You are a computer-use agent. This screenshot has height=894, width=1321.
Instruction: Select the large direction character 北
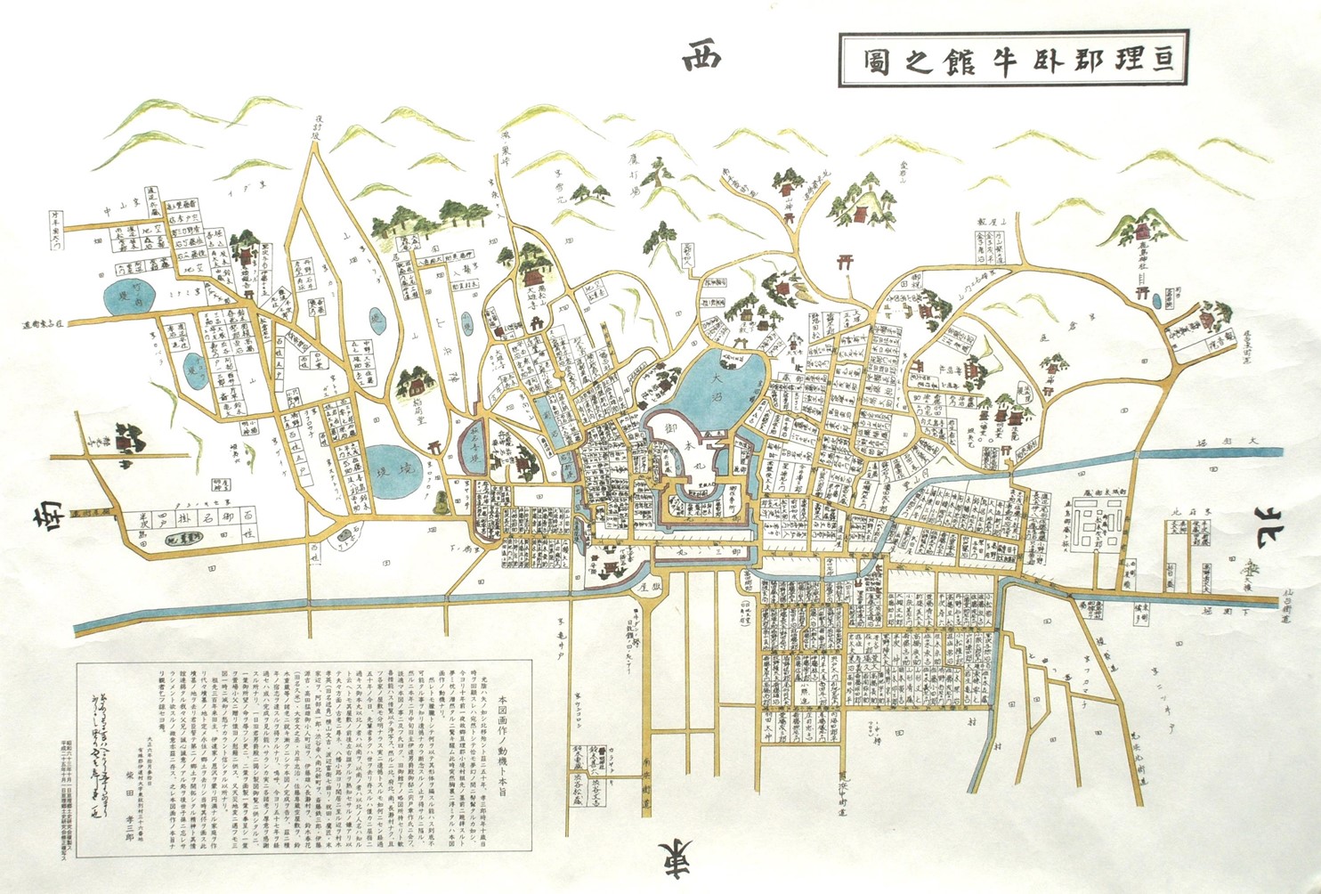click(x=1278, y=521)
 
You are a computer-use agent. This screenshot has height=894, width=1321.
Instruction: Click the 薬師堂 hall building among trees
click(x=417, y=385)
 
